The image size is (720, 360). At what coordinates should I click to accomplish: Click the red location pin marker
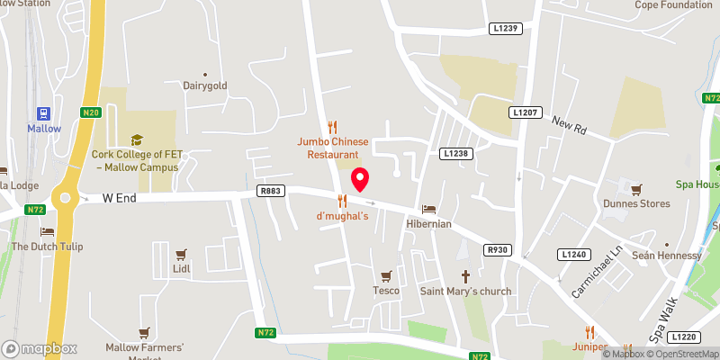360,179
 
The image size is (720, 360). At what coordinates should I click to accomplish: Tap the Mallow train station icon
43,112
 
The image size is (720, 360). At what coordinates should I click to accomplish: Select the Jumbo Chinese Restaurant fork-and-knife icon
333,127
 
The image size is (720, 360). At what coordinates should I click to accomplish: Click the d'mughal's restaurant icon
342,200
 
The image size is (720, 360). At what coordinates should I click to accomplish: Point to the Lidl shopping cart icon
182,254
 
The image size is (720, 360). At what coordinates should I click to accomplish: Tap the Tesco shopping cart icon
387,275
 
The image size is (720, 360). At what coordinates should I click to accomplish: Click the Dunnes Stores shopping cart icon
637,189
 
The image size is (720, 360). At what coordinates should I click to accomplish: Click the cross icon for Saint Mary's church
466,275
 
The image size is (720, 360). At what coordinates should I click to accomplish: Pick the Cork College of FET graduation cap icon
137,139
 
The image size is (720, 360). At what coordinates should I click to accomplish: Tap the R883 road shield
270,190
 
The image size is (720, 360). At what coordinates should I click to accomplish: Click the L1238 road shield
455,154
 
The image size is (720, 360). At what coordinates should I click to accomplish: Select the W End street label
118,197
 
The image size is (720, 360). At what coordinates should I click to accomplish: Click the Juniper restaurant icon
590,331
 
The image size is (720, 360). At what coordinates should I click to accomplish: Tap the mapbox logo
40,348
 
